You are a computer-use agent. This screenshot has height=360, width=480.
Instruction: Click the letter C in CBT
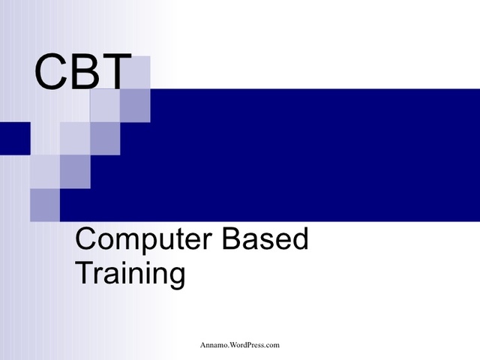50,73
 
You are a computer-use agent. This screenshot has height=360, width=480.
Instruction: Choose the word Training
130,274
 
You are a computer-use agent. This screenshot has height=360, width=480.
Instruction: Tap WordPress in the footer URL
251,345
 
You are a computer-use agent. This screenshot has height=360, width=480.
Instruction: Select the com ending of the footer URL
273,345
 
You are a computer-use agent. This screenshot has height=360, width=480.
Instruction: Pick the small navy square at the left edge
14,137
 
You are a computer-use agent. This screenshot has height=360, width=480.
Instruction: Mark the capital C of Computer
85,240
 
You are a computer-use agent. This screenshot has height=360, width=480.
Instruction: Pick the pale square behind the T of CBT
135,73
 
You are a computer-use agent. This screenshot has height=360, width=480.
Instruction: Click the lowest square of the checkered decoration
45,205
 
